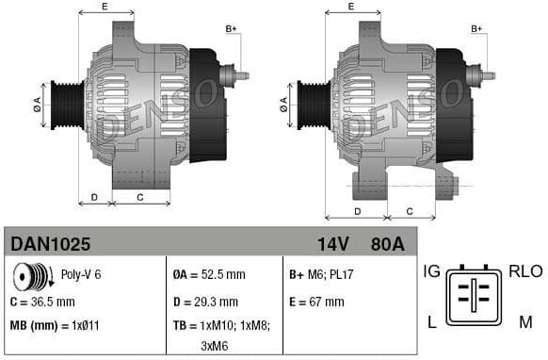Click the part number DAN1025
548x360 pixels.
click(51, 244)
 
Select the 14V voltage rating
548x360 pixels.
click(332, 244)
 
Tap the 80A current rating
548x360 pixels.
click(386, 244)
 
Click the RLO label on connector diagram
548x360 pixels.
click(525, 271)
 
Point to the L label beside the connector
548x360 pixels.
click(431, 321)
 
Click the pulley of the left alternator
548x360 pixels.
click(66, 104)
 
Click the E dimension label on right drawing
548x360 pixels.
click(350, 7)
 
